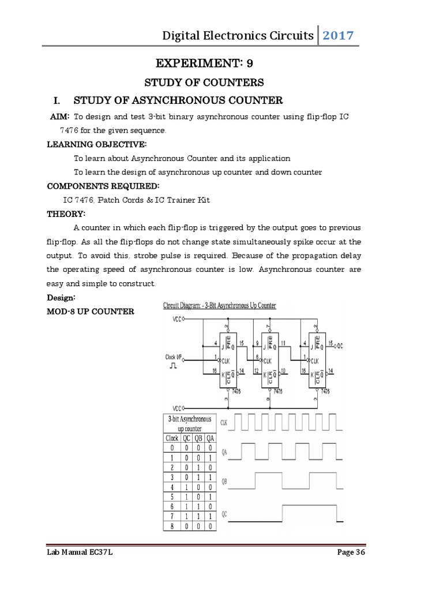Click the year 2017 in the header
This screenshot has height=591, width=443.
[x=338, y=36]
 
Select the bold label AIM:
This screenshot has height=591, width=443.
[x=60, y=117]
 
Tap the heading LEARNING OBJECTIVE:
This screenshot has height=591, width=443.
[x=96, y=144]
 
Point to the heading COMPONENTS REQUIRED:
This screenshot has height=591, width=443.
[x=103, y=186]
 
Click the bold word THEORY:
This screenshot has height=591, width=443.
[x=66, y=214]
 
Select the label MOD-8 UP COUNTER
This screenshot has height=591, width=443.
[x=90, y=312]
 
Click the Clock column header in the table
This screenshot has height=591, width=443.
[x=172, y=438]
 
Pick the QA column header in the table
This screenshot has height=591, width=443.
[x=210, y=438]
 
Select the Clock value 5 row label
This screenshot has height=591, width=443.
[x=172, y=497]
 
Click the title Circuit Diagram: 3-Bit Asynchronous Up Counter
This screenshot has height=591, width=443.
[x=219, y=306]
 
